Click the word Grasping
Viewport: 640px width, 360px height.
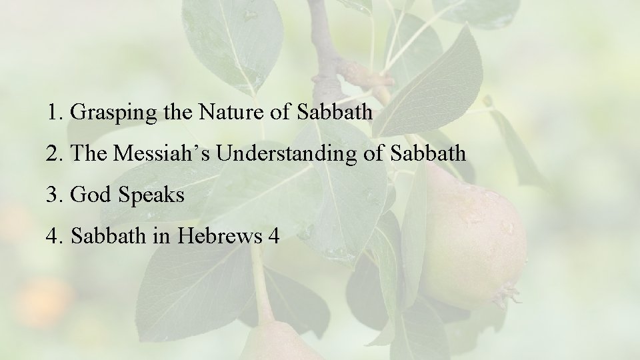pos(113,113)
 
